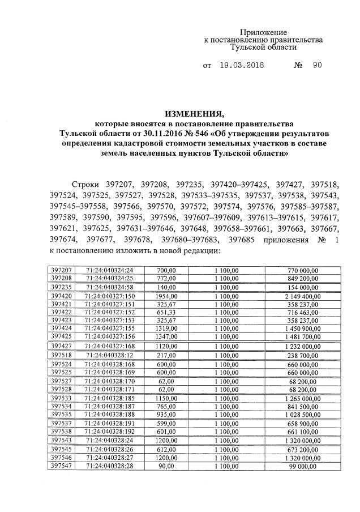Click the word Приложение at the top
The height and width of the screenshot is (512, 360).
coord(264,33)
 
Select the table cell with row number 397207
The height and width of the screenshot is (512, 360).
coord(61,271)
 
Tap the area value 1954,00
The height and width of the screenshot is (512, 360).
coord(163,296)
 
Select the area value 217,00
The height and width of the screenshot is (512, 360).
coord(163,355)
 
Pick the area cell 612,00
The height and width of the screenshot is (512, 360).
coord(163,449)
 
